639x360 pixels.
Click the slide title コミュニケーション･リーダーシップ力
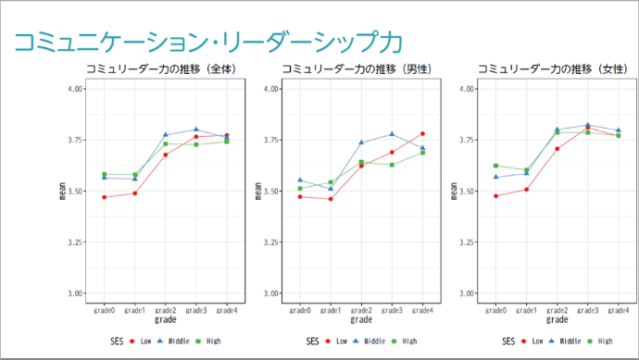208,41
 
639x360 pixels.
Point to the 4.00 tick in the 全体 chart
73,89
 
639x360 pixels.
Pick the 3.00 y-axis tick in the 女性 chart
467,293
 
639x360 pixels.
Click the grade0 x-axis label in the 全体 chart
105,310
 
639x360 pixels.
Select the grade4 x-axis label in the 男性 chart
422,310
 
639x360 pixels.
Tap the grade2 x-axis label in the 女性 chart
558,310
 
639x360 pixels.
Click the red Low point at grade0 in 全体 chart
105,197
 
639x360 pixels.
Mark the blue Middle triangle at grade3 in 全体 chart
196,130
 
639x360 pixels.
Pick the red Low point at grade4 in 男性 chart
422,134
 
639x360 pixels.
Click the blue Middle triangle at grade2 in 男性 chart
361,143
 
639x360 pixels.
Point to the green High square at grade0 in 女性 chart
496,166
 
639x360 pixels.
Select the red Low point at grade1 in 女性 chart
527,189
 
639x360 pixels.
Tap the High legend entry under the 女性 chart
603,341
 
